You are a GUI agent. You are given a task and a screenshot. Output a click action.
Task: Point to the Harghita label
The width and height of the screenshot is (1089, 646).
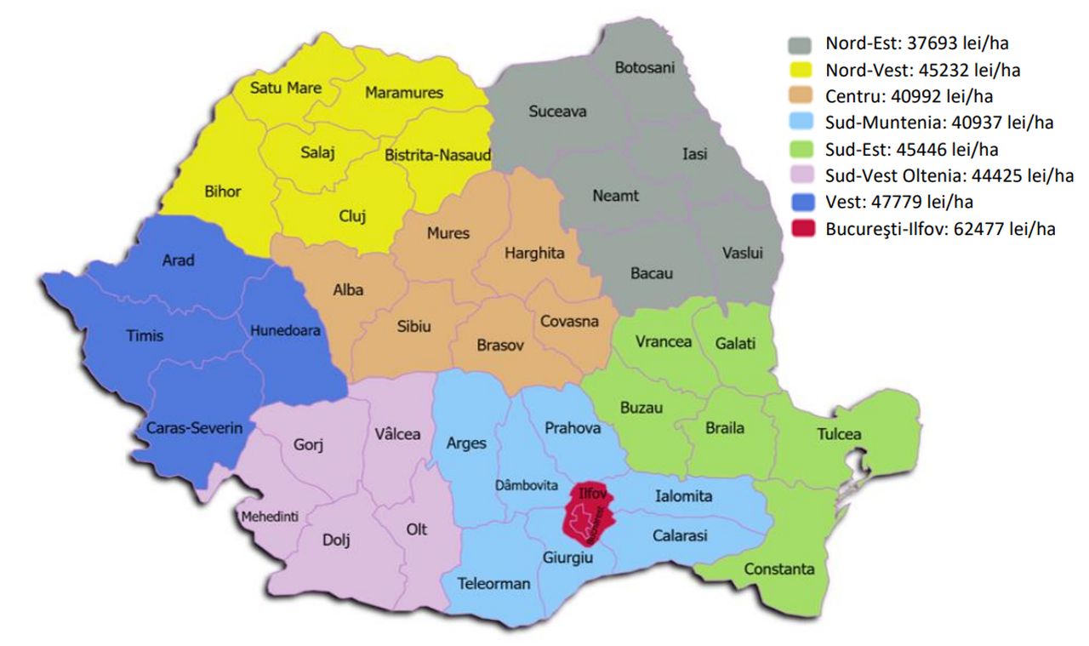point(534,254)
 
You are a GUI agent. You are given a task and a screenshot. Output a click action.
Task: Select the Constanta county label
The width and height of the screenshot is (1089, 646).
point(778,569)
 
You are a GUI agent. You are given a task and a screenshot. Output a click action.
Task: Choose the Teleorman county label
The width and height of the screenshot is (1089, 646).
point(493,584)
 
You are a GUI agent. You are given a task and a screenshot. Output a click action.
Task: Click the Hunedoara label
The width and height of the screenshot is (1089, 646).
point(285,331)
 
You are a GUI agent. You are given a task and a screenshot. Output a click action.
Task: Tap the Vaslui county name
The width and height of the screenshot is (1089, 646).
point(743,254)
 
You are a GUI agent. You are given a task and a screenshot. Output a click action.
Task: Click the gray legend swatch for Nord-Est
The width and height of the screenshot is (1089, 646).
point(803,43)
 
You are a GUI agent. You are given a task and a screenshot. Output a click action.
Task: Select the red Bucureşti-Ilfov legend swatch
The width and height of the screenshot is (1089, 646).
point(803,229)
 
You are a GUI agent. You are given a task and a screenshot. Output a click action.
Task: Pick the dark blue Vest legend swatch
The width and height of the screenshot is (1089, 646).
point(803,203)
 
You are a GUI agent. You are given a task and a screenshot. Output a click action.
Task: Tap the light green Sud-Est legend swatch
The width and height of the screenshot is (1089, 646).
point(803,150)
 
